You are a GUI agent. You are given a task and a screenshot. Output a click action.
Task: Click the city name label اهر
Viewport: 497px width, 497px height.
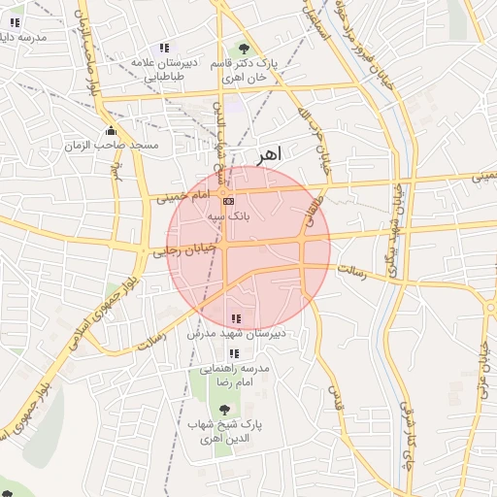click(x=270, y=155)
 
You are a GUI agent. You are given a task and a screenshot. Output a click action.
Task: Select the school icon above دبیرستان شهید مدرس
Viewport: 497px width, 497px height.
click(x=235, y=317)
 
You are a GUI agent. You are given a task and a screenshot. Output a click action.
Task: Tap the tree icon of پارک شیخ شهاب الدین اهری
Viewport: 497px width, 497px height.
click(x=226, y=411)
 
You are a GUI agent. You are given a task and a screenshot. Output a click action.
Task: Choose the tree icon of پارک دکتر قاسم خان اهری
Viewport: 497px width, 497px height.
click(x=243, y=48)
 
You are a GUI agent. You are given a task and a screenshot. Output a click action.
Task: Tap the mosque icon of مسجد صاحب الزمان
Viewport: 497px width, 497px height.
click(x=111, y=131)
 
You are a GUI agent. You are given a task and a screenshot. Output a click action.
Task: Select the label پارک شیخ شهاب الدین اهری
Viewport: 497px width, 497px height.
click(x=232, y=431)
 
